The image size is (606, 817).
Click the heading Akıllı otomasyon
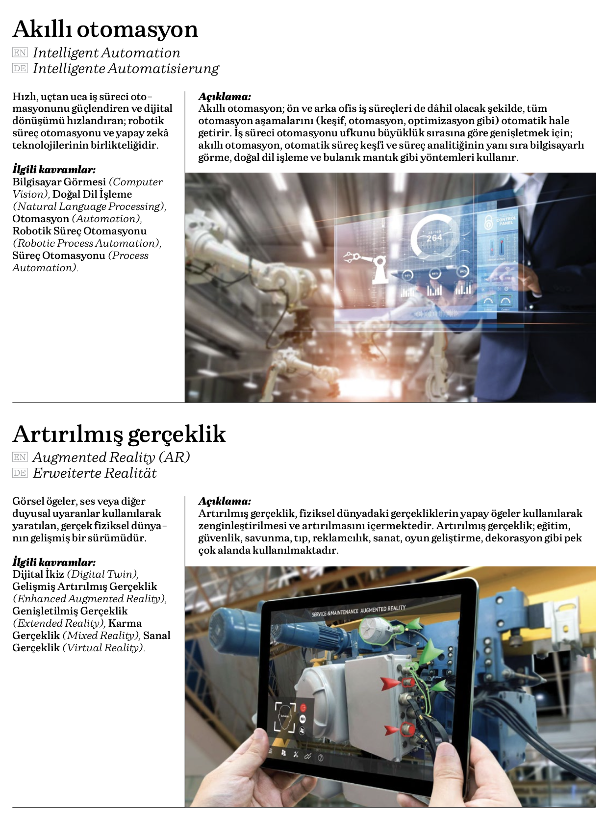click(105, 29)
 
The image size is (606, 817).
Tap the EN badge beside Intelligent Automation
click(20, 52)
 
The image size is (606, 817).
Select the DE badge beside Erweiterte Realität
click(20, 473)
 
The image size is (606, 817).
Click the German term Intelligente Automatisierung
click(126, 69)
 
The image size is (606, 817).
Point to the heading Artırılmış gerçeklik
click(119, 434)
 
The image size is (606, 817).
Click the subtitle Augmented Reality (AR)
click(111, 457)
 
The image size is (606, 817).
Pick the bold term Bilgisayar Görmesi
click(59, 182)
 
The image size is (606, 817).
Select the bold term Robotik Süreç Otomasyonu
click(79, 231)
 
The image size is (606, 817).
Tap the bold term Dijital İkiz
click(38, 574)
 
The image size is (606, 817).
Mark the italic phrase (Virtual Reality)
click(103, 648)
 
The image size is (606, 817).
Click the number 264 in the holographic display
click(434, 238)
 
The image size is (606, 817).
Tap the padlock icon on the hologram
click(488, 222)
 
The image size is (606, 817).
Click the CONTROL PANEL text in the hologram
click(506, 221)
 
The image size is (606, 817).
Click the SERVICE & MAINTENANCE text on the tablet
click(335, 613)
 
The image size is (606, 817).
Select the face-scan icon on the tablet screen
click(284, 716)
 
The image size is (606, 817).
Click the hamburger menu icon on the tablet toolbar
click(270, 751)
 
